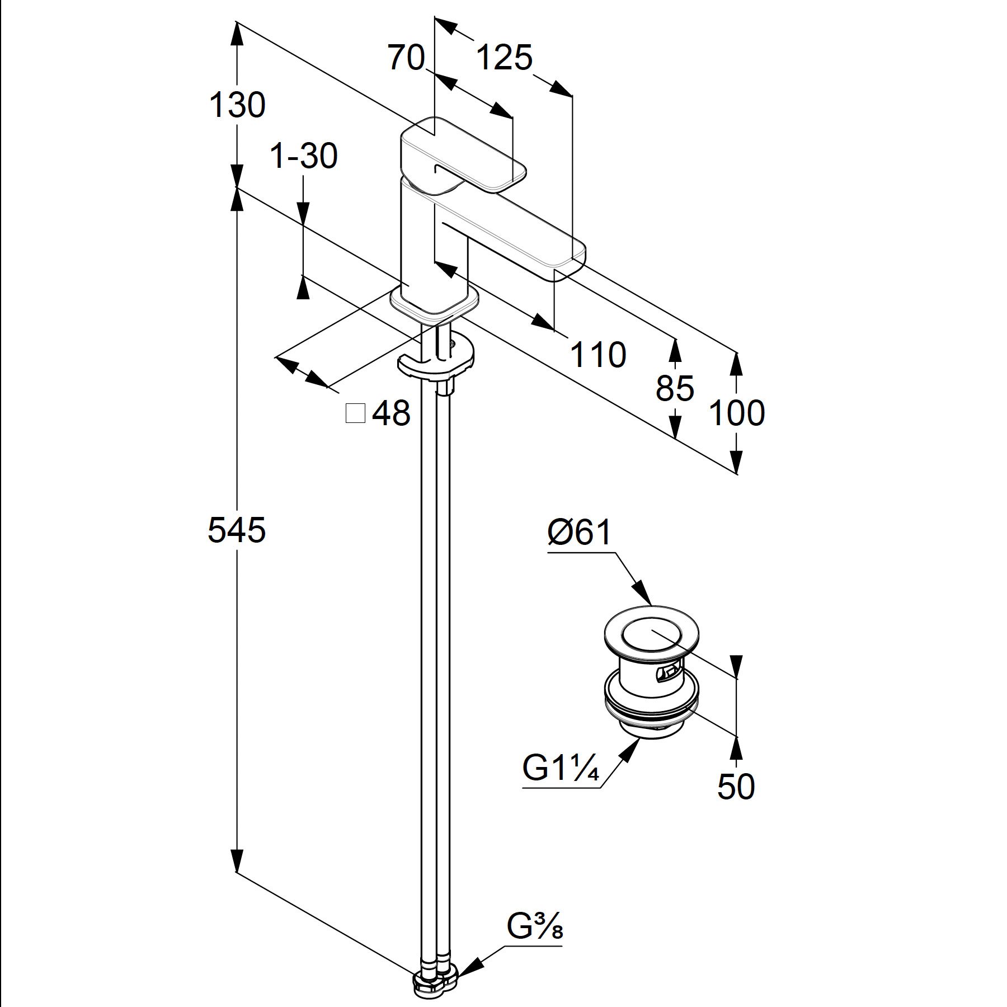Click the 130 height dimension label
click(x=237, y=105)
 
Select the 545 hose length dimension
click(x=237, y=530)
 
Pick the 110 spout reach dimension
click(x=598, y=355)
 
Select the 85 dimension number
click(x=675, y=388)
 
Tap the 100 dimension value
click(x=737, y=413)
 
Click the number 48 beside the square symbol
click(x=391, y=413)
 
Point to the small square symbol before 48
click(x=356, y=413)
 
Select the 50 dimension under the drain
click(x=736, y=787)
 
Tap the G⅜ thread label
click(x=535, y=928)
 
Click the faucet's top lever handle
click(x=464, y=154)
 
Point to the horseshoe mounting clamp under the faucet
click(x=436, y=358)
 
